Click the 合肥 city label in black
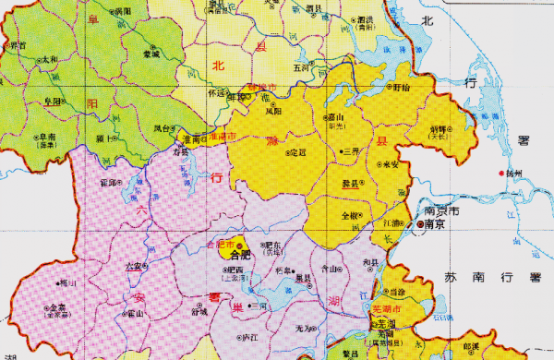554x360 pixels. tap(239, 254)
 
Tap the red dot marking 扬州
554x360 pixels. tap(501, 174)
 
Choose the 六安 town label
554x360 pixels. tap(133, 267)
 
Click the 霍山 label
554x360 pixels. tap(135, 314)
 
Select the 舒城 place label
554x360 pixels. tap(199, 312)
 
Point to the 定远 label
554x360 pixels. tap(298, 152)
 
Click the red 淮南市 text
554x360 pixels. tap(223, 135)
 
